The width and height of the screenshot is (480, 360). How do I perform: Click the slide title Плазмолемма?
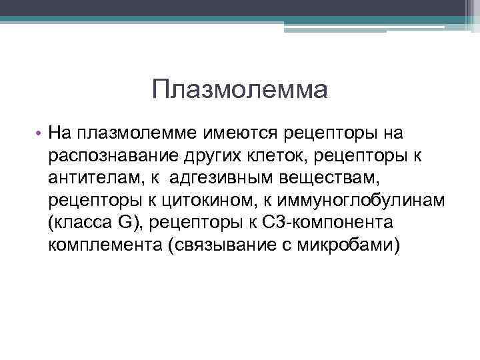click(239, 89)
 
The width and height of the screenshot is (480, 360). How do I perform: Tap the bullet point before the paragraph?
click(39, 133)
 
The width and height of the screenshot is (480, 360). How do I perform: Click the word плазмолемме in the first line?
click(137, 133)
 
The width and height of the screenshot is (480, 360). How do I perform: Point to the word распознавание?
click(104, 155)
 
